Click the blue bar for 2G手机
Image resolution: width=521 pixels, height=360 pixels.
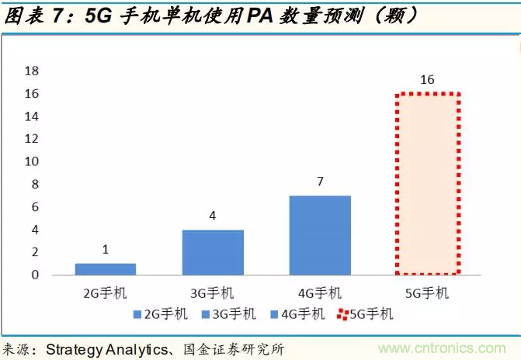(x=106, y=269)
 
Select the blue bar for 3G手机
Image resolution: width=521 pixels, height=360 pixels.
(x=213, y=252)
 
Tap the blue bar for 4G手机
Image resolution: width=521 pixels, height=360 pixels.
(x=320, y=235)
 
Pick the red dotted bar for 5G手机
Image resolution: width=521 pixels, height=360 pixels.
(x=427, y=184)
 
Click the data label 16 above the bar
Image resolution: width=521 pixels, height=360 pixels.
(x=427, y=80)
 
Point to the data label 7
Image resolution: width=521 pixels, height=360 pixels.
(x=320, y=182)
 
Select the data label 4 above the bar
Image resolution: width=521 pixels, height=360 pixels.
(x=213, y=216)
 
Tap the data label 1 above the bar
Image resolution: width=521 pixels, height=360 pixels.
(x=106, y=251)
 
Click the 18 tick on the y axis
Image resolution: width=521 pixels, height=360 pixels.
(x=32, y=71)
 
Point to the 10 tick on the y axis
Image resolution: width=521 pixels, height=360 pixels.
(x=32, y=162)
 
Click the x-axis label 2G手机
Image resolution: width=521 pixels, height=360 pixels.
(x=106, y=293)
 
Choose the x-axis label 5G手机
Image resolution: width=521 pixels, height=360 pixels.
(x=427, y=293)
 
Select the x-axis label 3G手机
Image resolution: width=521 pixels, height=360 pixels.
(x=213, y=293)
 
